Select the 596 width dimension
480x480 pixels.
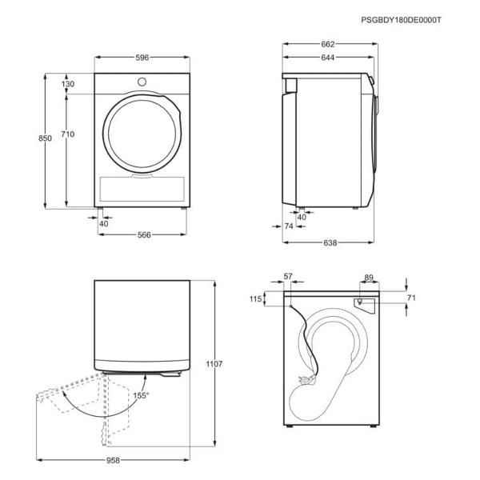(x=142, y=58)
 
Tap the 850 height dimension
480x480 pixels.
(x=46, y=138)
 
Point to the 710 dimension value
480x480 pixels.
(x=67, y=134)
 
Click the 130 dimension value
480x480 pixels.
(x=68, y=84)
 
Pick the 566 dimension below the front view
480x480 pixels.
(x=143, y=235)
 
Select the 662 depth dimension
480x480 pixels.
(x=326, y=44)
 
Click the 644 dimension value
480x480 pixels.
(x=326, y=58)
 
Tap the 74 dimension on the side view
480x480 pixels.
(x=289, y=226)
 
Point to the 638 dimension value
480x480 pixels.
(x=330, y=242)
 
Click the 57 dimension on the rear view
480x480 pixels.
(x=289, y=277)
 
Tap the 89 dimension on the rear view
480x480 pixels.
(x=369, y=277)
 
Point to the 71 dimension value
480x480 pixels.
(x=412, y=298)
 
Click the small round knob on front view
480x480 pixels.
(x=142, y=81)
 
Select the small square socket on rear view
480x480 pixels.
(x=361, y=302)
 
